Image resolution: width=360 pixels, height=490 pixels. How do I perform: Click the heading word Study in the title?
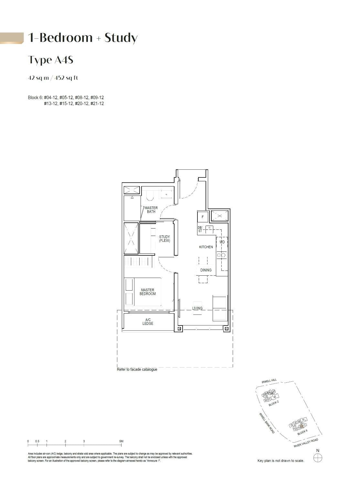[121, 38]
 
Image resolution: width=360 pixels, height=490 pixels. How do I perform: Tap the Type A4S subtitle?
[50, 60]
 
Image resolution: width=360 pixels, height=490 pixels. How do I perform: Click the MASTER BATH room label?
[151, 210]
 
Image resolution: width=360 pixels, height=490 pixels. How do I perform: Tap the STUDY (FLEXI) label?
[164, 239]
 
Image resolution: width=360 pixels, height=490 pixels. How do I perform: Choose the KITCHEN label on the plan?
[206, 247]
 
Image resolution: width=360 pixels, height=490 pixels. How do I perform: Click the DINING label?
[206, 270]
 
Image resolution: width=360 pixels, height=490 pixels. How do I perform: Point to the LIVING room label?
[197, 308]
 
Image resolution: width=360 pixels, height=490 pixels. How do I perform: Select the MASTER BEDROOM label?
[147, 292]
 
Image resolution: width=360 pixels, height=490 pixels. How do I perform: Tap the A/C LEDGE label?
[148, 322]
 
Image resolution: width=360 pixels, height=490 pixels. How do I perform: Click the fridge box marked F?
[203, 217]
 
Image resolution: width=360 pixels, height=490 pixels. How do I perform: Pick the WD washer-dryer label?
[222, 242]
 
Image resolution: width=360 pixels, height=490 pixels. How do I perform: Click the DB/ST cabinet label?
[200, 229]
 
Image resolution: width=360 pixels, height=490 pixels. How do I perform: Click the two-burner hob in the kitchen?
[221, 255]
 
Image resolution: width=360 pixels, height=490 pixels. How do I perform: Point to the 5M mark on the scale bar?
[121, 441]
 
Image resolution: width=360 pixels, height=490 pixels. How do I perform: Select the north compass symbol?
[318, 457]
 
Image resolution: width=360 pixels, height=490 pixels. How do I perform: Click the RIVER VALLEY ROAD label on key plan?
[306, 443]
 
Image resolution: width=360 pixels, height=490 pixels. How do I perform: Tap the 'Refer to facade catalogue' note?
[137, 369]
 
